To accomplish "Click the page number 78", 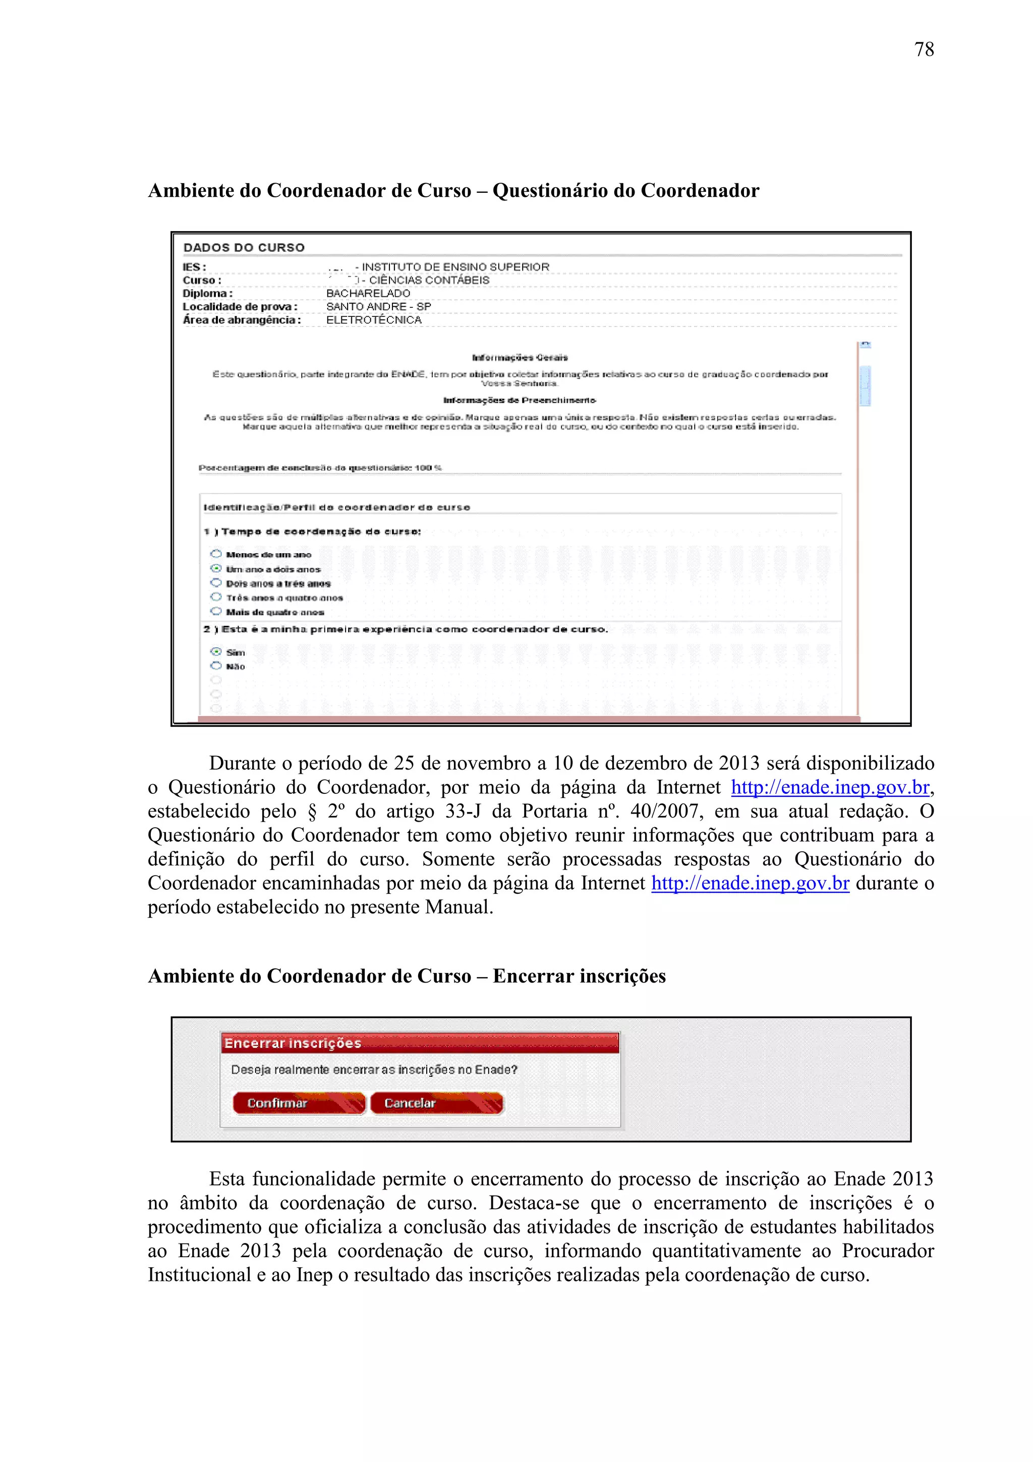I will click(924, 49).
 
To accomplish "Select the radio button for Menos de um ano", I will click(216, 554).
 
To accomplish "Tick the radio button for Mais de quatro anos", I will click(216, 611).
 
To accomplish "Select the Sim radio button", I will click(216, 652).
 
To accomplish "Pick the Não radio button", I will click(216, 666).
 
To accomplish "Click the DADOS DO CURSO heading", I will click(244, 248).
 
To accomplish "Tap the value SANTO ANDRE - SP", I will click(378, 307).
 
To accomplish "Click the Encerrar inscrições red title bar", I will click(420, 1043).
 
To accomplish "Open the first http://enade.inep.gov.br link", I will click(830, 788).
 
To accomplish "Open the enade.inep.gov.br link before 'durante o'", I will click(750, 883).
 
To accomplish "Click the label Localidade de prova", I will click(239, 307).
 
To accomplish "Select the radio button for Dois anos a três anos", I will click(216, 583).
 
